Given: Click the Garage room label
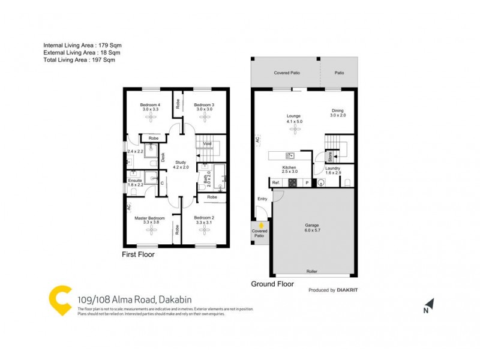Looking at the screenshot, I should (311, 226).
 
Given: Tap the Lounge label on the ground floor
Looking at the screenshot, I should (293, 116).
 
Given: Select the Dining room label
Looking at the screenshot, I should (338, 110).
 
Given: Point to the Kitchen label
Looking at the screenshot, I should (289, 168).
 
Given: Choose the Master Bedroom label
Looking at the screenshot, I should (149, 218).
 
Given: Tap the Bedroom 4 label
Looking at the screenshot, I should (151, 105).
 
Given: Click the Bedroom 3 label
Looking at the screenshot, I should (204, 105).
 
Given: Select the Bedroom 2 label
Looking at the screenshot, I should (204, 218).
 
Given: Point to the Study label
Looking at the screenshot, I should (181, 162).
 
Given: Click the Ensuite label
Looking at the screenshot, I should (135, 180).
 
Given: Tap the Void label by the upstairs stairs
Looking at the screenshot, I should (208, 144).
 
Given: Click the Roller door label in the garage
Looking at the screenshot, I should (311, 272).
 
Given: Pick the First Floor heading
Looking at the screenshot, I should (138, 254).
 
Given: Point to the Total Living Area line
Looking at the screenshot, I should (79, 60).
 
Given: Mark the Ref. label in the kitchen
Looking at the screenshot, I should (276, 182).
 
